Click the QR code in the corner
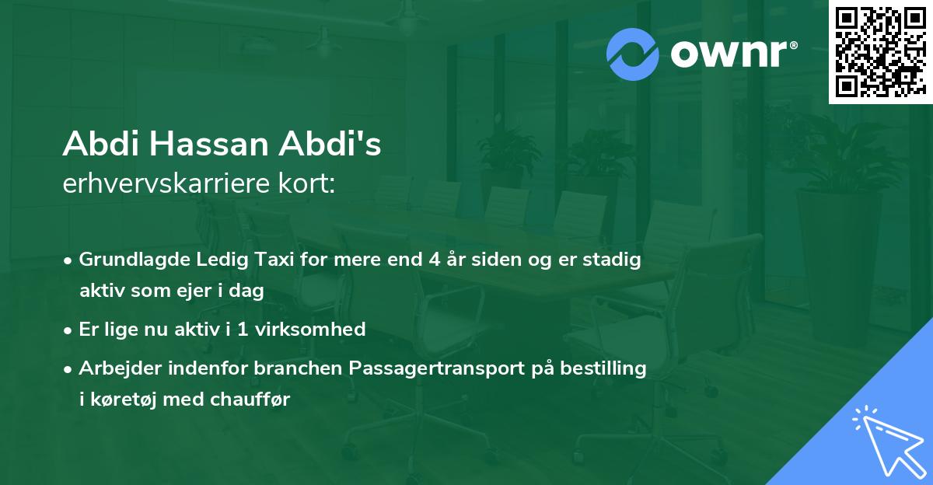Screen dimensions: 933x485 [880, 52]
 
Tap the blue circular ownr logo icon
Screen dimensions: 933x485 [632, 54]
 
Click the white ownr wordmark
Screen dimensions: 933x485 [733, 54]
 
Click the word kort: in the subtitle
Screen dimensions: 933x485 [306, 183]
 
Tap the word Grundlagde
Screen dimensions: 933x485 [135, 260]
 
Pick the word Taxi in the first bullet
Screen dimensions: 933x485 [275, 259]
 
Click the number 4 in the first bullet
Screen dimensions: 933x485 [435, 260]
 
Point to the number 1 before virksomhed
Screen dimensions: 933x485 [243, 330]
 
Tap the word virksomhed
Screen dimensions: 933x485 [310, 329]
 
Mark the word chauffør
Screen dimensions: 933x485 [250, 400]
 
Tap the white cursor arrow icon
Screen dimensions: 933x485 [890, 442]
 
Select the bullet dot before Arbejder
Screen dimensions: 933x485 [68, 370]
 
